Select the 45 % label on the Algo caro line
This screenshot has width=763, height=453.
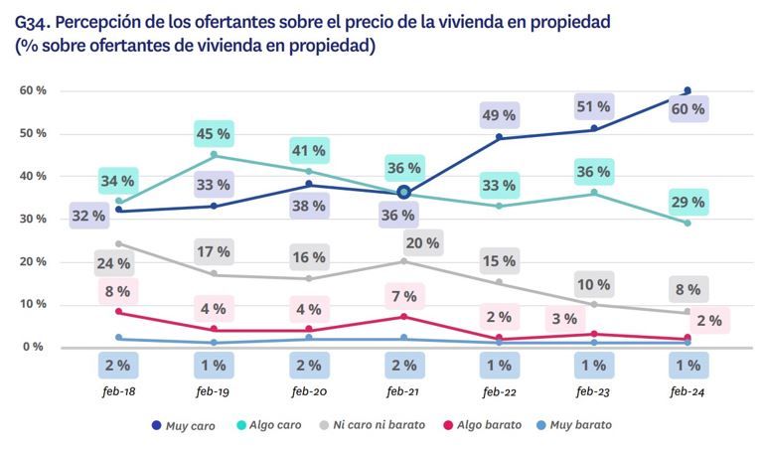212,132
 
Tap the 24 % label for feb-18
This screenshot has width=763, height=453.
118,264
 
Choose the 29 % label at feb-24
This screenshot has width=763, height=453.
687,202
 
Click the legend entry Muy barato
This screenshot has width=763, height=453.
576,424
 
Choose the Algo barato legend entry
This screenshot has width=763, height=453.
483,424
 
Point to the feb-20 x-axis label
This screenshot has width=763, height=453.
308,393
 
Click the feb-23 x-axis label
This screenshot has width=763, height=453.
593,393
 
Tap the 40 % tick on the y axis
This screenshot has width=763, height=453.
33,176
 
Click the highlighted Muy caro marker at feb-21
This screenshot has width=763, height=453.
403,192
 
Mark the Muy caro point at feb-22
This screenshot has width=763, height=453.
499,138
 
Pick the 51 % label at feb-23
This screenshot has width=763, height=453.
593,107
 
